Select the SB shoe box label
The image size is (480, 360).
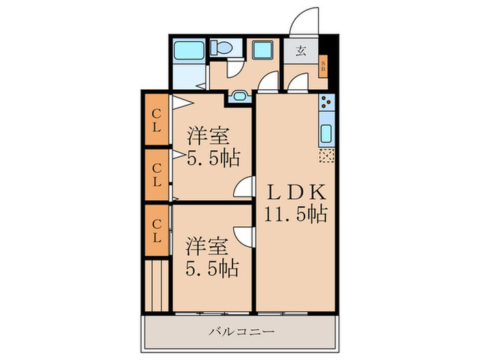[x=324, y=67]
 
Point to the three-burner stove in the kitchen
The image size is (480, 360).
[x=325, y=104]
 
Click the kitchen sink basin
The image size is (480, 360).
[x=326, y=132]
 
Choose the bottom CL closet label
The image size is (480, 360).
[x=156, y=231]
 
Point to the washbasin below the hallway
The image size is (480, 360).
[x=241, y=96]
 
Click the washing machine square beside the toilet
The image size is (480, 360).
[x=262, y=51]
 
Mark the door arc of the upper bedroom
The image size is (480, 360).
[x=245, y=187]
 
